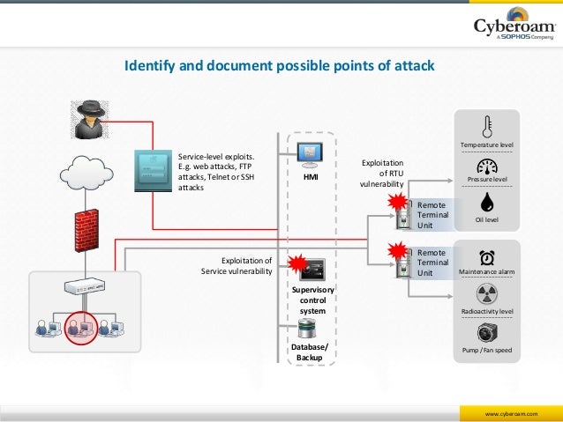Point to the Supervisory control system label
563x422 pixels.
[x=312, y=300]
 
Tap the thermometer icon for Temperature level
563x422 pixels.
[x=487, y=126]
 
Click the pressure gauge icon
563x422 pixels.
[x=487, y=167]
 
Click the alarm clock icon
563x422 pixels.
[x=487, y=257]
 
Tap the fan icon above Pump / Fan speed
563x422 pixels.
[x=487, y=333]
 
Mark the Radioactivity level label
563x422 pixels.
[x=487, y=311]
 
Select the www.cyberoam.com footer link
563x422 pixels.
[x=507, y=411]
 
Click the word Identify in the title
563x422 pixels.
[x=149, y=67]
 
